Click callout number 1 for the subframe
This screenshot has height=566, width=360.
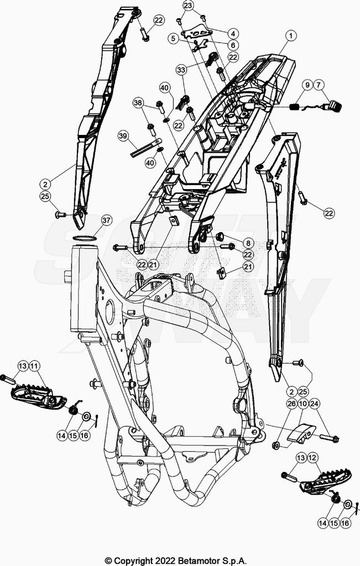[291, 36]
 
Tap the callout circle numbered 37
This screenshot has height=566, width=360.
[107, 220]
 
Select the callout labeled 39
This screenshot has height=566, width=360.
[123, 136]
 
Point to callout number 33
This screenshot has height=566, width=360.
[181, 70]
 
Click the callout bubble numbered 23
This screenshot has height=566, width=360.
[188, 6]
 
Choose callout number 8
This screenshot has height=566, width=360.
[248, 243]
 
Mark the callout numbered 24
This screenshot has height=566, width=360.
[315, 403]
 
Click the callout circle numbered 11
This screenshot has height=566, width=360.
[34, 366]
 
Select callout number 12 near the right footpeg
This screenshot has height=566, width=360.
[312, 458]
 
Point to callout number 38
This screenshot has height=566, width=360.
[138, 103]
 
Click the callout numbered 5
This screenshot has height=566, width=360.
[174, 38]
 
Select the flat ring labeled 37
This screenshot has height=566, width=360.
[84, 238]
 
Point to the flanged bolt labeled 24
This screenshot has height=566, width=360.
[328, 438]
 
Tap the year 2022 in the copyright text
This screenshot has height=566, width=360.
[165, 561]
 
